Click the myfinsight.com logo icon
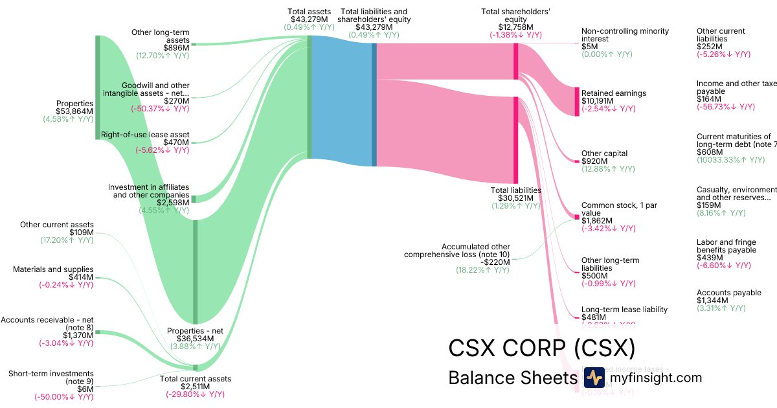click(x=594, y=378)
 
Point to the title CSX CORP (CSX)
click(x=541, y=348)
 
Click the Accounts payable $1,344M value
click(x=712, y=300)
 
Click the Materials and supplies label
click(x=53, y=269)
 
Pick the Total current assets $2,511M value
click(x=196, y=387)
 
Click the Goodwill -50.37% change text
click(x=160, y=109)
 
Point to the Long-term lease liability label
click(x=624, y=310)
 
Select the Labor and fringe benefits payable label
click(x=726, y=246)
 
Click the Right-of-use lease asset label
click(x=145, y=135)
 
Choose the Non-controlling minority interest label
click(x=625, y=35)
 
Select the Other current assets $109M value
click(x=81, y=232)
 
